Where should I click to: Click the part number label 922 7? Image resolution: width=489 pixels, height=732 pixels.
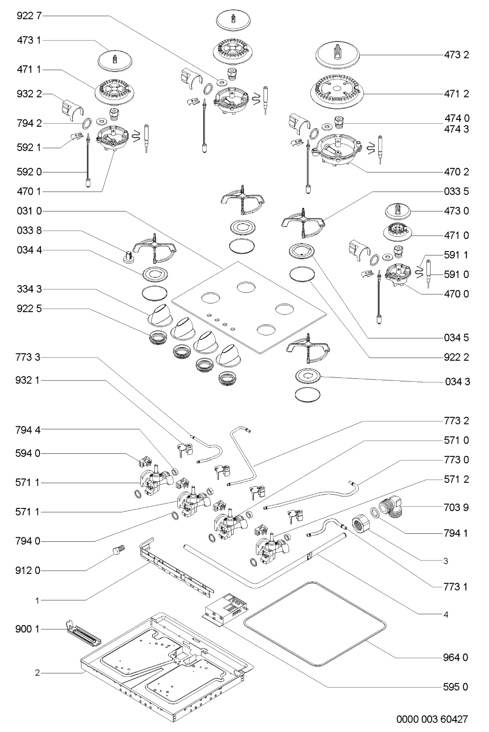(29, 16)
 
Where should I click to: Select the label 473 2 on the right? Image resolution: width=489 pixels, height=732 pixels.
(456, 55)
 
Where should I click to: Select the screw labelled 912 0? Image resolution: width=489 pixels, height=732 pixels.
(118, 550)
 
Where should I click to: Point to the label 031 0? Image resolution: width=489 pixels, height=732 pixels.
(29, 211)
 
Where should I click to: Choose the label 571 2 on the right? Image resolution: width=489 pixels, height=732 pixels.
(456, 479)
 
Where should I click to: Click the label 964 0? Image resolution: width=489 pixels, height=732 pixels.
(456, 657)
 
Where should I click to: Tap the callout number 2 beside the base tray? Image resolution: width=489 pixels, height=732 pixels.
(38, 673)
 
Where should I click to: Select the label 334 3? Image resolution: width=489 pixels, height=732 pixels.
(29, 289)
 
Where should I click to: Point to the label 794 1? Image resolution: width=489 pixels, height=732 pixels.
(456, 532)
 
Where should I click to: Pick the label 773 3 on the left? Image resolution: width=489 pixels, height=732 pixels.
(29, 357)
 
